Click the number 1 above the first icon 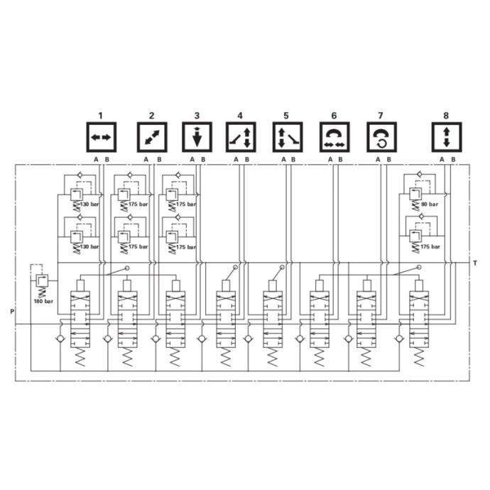click(x=101, y=115)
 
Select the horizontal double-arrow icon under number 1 click(x=101, y=136)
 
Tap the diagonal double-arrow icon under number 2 click(x=151, y=136)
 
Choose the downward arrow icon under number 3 click(x=197, y=136)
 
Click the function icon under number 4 click(x=240, y=136)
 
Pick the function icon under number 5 click(x=286, y=136)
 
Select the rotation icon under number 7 click(x=381, y=136)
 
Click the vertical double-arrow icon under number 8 click(x=446, y=136)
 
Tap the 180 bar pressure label click(x=44, y=302)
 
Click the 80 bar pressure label click(x=430, y=205)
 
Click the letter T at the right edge click(x=474, y=263)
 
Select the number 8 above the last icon click(x=446, y=115)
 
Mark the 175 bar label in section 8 click(x=430, y=246)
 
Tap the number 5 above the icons click(x=286, y=115)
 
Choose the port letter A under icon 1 click(x=96, y=159)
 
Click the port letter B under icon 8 click(x=452, y=159)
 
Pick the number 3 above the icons click(x=197, y=115)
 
